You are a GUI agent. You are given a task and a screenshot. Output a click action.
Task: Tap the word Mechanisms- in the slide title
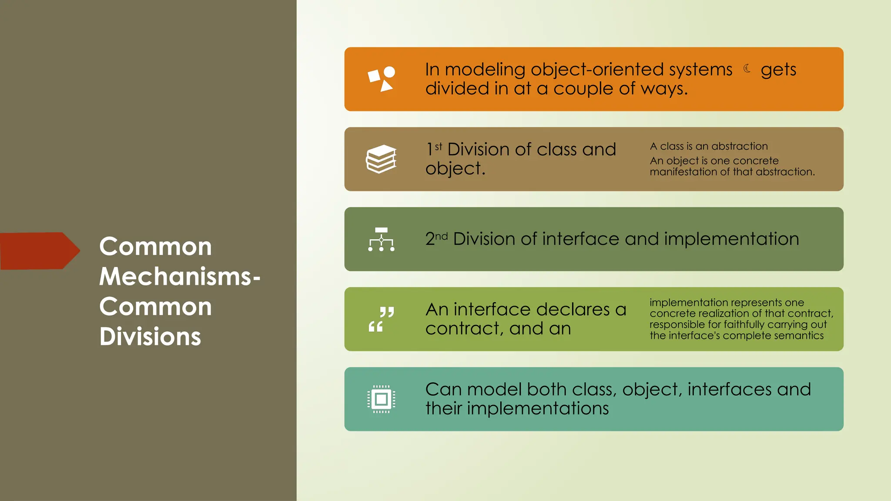click(x=179, y=277)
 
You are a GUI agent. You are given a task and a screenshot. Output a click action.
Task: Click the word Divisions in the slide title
click(x=150, y=337)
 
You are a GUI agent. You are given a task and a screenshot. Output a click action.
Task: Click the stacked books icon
click(x=381, y=159)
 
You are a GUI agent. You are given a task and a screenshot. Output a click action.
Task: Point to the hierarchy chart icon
click(x=381, y=239)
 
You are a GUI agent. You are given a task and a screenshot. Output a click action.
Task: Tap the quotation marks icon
click(x=381, y=319)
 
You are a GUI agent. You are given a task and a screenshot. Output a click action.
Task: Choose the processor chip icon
click(x=381, y=399)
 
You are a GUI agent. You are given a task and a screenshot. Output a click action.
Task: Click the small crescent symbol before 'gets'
click(x=747, y=68)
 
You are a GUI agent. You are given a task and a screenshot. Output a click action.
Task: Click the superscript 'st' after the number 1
click(x=439, y=147)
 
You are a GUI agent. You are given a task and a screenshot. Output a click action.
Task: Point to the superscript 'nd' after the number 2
click(x=441, y=236)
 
